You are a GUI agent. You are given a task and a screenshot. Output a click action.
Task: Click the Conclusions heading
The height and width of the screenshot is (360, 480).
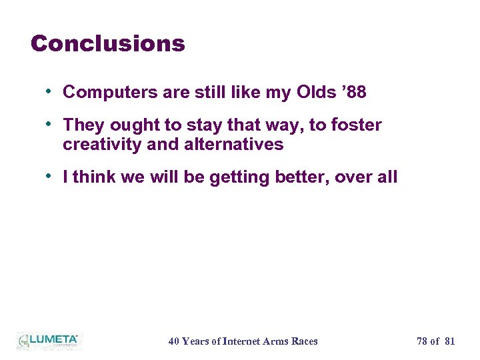tap(107, 44)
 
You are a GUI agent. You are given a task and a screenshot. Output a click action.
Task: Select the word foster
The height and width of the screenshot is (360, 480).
tap(356, 125)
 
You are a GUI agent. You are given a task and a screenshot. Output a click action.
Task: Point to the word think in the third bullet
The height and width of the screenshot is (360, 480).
tap(92, 177)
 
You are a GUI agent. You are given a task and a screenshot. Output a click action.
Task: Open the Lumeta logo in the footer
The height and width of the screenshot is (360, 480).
tap(48, 341)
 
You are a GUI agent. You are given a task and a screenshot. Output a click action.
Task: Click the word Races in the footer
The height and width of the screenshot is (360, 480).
tap(305, 341)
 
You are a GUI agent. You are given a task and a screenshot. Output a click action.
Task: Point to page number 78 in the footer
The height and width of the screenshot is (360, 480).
tap(422, 341)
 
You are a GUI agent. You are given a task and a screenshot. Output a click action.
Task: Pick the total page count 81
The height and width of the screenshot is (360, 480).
tap(449, 341)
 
